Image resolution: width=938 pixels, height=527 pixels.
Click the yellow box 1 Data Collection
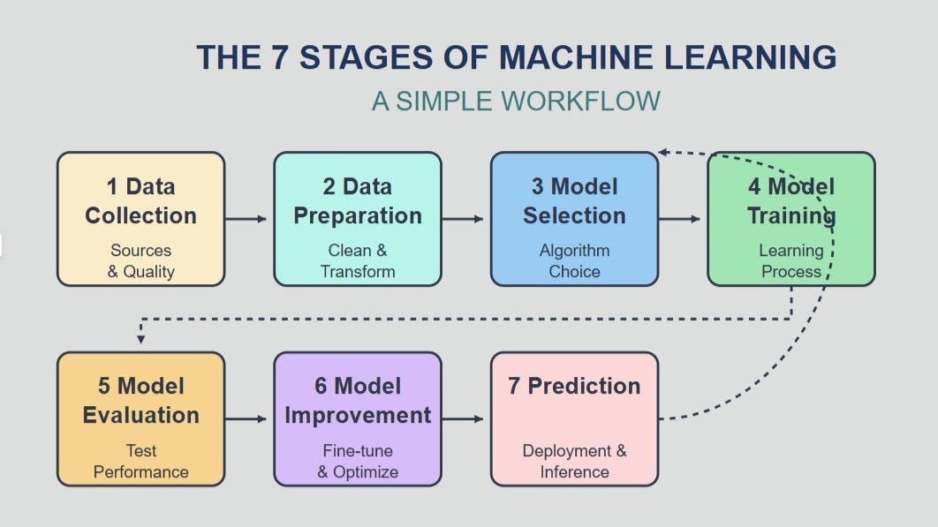click(140, 219)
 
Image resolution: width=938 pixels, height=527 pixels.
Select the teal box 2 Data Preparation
click(357, 219)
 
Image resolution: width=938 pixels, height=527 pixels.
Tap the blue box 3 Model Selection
click(574, 219)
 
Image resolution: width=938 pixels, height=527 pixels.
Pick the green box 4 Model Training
click(790, 219)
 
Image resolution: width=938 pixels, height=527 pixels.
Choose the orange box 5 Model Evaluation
click(140, 418)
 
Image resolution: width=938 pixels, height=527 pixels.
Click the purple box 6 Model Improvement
click(357, 418)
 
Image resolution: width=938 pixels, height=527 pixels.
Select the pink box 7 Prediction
click(574, 418)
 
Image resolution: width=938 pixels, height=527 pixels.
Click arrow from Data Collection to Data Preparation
click(246, 218)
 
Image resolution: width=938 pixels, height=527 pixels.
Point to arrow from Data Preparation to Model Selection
click(464, 218)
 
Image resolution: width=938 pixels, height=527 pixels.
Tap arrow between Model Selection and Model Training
click(681, 218)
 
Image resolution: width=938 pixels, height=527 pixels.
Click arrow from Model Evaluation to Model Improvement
click(246, 418)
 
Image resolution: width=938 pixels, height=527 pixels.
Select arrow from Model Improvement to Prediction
click(464, 418)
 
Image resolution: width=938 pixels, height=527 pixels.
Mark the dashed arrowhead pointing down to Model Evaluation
click(140, 339)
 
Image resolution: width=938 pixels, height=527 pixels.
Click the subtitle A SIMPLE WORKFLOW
click(516, 101)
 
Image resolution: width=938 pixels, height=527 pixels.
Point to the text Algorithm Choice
click(574, 261)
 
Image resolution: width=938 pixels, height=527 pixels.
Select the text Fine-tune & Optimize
click(357, 461)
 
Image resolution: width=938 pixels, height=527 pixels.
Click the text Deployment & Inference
click(574, 461)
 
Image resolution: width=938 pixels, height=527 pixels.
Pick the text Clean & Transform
click(357, 261)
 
